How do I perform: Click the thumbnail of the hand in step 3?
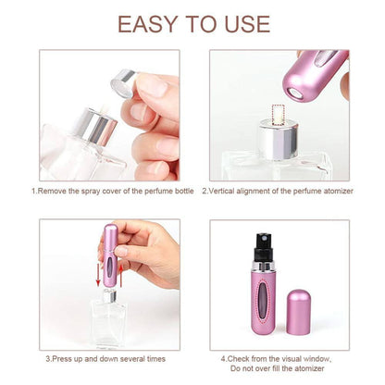point(148,251)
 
